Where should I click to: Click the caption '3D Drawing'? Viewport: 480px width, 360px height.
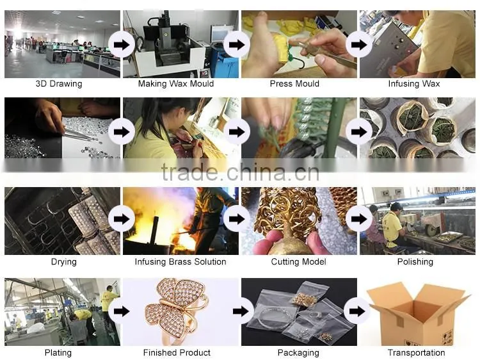pyautogui.click(x=59, y=84)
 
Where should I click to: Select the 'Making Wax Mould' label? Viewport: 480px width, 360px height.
pyautogui.click(x=176, y=84)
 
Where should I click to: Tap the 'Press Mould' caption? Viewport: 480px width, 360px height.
pyautogui.click(x=294, y=84)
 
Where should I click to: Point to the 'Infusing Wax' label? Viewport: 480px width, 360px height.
pyautogui.click(x=414, y=84)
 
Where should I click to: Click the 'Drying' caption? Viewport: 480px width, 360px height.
pyautogui.click(x=63, y=261)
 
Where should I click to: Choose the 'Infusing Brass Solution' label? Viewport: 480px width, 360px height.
pyautogui.click(x=180, y=261)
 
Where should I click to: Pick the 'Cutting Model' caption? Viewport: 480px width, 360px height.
pyautogui.click(x=298, y=261)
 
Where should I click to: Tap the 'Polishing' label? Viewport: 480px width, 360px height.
pyautogui.click(x=415, y=261)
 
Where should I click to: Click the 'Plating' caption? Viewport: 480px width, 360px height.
pyautogui.click(x=58, y=353)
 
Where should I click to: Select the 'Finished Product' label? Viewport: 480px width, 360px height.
pyautogui.click(x=177, y=353)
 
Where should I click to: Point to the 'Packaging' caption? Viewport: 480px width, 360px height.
pyautogui.click(x=298, y=353)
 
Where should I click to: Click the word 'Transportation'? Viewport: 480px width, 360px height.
pyautogui.click(x=417, y=353)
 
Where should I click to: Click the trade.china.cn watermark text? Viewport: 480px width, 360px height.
pyautogui.click(x=240, y=172)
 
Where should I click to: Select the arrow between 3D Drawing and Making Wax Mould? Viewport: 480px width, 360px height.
pyautogui.click(x=122, y=45)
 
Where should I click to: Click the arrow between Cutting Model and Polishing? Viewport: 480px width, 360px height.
pyautogui.click(x=359, y=219)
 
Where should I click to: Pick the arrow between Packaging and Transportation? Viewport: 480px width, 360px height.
pyautogui.click(x=357, y=311)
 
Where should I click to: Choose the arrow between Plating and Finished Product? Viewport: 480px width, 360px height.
pyautogui.click(x=122, y=311)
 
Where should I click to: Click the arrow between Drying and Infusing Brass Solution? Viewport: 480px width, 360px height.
pyautogui.click(x=122, y=219)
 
